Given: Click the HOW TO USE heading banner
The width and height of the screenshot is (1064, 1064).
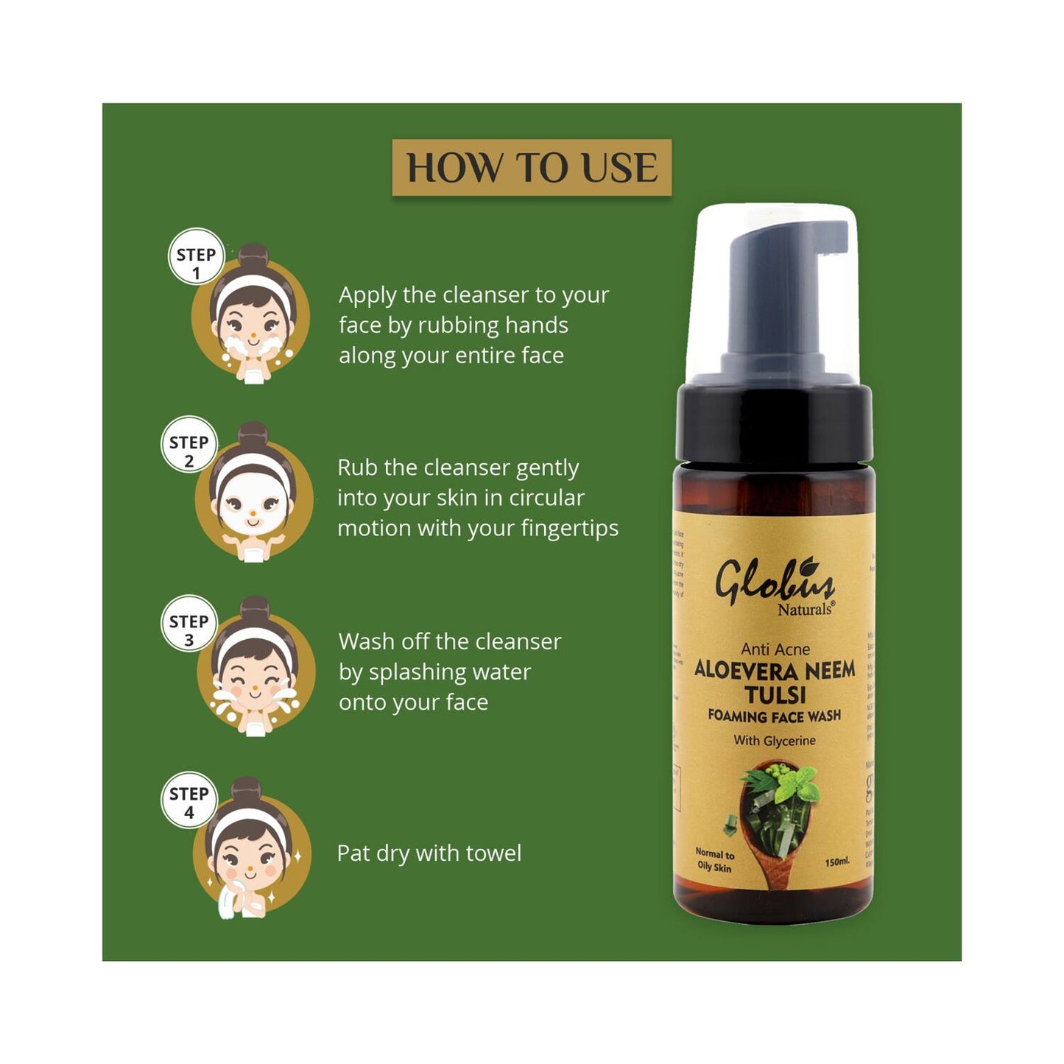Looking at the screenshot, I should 532,168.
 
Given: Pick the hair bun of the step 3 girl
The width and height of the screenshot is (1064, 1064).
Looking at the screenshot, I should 255,610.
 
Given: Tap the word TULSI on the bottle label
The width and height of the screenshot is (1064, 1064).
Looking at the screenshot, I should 775,694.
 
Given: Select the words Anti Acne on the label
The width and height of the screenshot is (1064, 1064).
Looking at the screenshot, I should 775,649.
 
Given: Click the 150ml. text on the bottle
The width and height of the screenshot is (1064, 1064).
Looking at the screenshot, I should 837,862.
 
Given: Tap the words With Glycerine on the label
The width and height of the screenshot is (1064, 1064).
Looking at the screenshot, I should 775,741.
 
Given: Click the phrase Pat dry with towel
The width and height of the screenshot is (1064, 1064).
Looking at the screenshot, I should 429,853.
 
